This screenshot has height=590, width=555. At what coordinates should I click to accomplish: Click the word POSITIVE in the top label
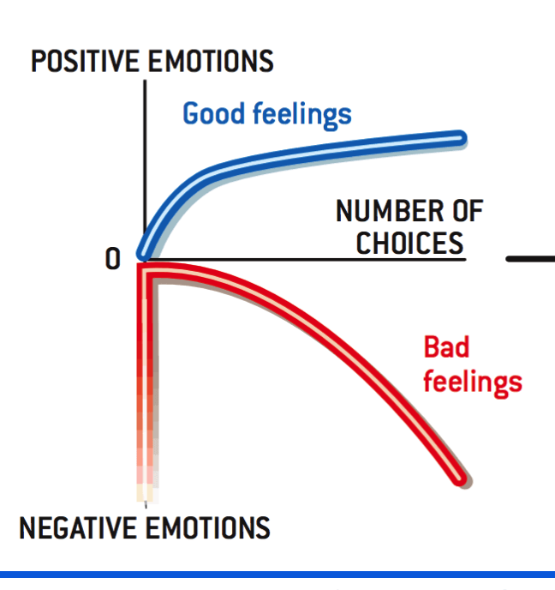(x=85, y=61)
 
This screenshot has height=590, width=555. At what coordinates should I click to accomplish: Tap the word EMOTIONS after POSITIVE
(x=211, y=61)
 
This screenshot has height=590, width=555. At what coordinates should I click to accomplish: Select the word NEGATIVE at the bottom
(x=78, y=527)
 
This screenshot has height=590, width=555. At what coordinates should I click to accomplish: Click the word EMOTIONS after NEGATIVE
(x=208, y=527)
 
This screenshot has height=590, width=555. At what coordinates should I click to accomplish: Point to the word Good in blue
(x=213, y=113)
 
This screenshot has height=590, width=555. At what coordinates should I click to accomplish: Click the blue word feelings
(x=302, y=115)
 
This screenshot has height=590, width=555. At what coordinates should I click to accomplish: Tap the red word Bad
(x=446, y=346)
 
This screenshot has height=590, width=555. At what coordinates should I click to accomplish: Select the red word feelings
(x=473, y=382)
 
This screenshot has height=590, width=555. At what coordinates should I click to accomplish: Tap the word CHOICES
(x=409, y=243)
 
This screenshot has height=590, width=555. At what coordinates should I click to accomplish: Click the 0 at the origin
(x=113, y=258)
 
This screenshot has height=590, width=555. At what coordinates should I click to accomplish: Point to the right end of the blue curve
(x=460, y=138)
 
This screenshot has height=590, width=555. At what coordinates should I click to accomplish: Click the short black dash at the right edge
(x=530, y=258)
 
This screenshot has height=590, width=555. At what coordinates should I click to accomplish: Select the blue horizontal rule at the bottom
(x=277, y=575)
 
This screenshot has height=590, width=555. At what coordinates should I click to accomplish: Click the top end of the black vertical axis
(x=145, y=81)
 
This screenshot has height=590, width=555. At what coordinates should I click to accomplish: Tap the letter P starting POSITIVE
(x=38, y=61)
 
